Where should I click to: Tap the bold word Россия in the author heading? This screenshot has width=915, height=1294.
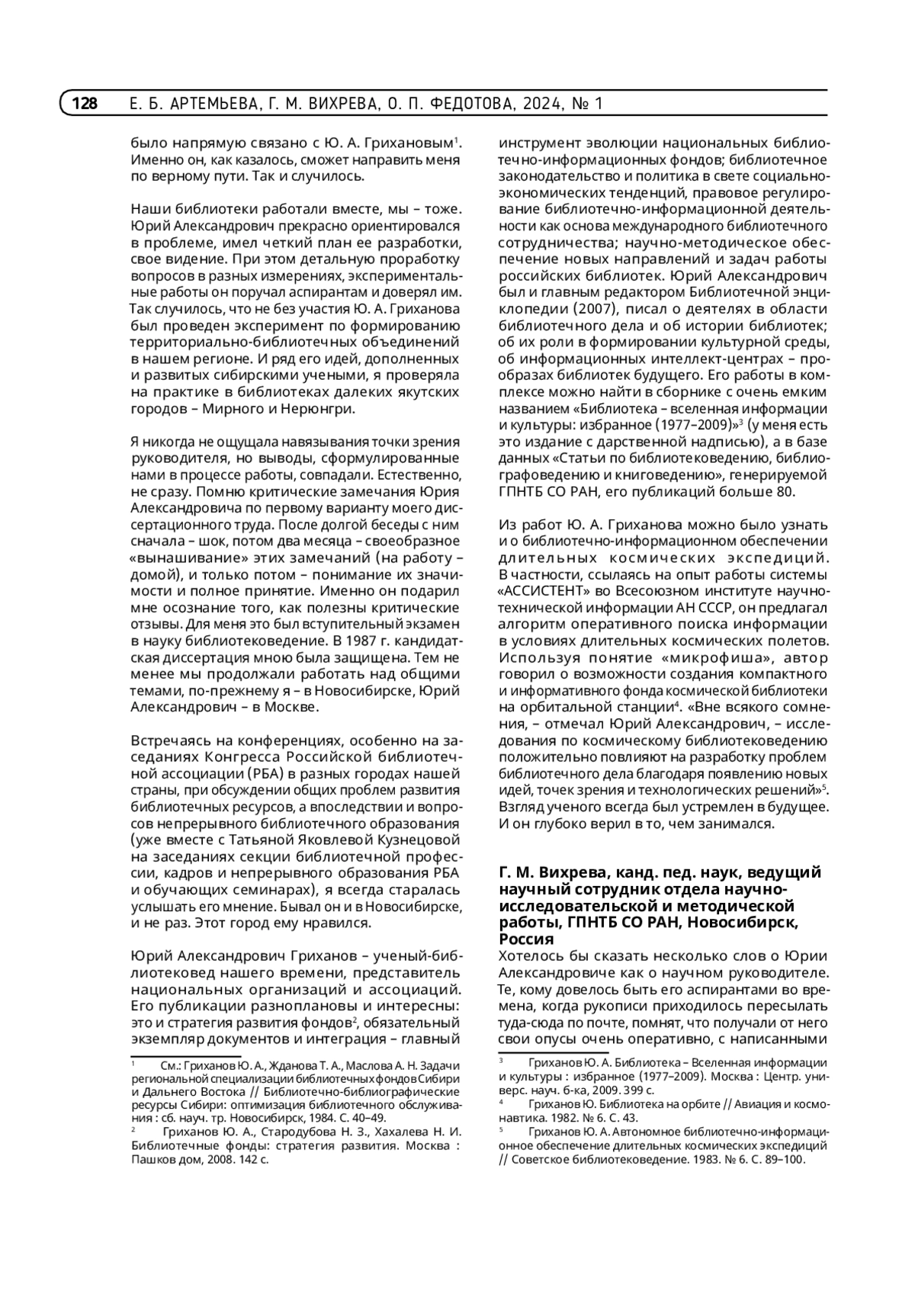(526, 939)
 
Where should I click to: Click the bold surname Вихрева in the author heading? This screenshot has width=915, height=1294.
(571, 872)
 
